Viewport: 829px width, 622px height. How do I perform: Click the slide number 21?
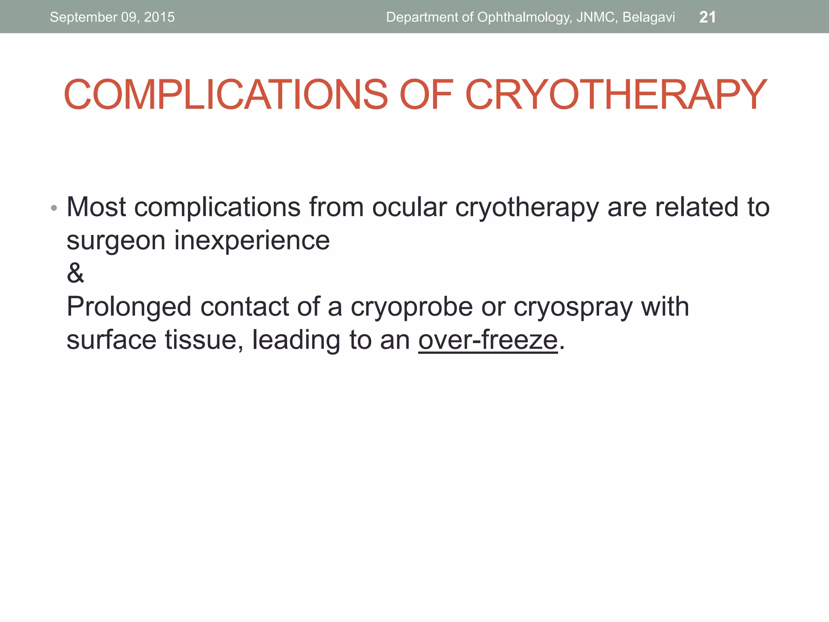click(707, 17)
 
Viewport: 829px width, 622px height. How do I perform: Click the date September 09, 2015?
click(112, 17)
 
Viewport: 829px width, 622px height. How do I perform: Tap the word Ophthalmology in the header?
click(524, 17)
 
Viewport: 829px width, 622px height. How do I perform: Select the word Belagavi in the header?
click(648, 17)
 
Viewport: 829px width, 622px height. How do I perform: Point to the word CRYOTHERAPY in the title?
click(616, 95)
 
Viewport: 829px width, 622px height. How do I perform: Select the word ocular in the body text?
click(409, 207)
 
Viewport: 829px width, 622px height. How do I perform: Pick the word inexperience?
click(252, 241)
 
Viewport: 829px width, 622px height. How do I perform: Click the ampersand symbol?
click(75, 273)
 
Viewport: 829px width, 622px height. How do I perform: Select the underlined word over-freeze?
click(488, 340)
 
